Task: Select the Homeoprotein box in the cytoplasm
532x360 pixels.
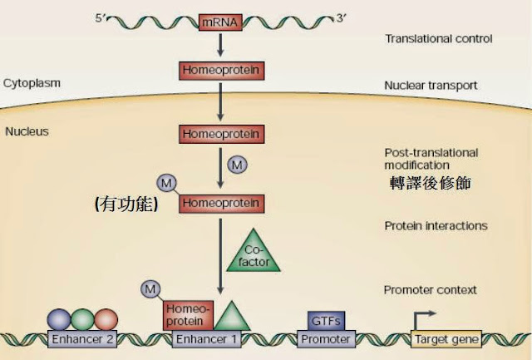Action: click(222, 71)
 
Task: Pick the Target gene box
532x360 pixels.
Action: click(445, 340)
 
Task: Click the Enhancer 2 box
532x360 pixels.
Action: click(82, 340)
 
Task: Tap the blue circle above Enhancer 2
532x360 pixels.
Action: click(60, 320)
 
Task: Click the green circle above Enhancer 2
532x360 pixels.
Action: click(82, 320)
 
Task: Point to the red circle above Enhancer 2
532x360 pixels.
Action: click(106, 320)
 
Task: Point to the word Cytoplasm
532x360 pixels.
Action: click(30, 83)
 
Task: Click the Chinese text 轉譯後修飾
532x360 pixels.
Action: click(431, 183)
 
